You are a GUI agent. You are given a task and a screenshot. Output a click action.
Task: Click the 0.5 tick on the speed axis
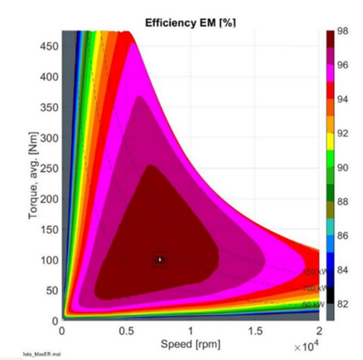click(x=125, y=331)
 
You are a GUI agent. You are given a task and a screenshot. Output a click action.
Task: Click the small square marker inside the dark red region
click(x=159, y=260)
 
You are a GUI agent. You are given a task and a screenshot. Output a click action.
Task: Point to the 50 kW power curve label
click(x=311, y=304)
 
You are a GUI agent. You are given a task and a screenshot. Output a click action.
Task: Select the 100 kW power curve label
click(x=311, y=289)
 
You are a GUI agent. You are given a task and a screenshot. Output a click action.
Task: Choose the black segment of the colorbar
click(x=330, y=295)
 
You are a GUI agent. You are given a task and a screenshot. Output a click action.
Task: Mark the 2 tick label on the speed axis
click(x=319, y=331)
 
